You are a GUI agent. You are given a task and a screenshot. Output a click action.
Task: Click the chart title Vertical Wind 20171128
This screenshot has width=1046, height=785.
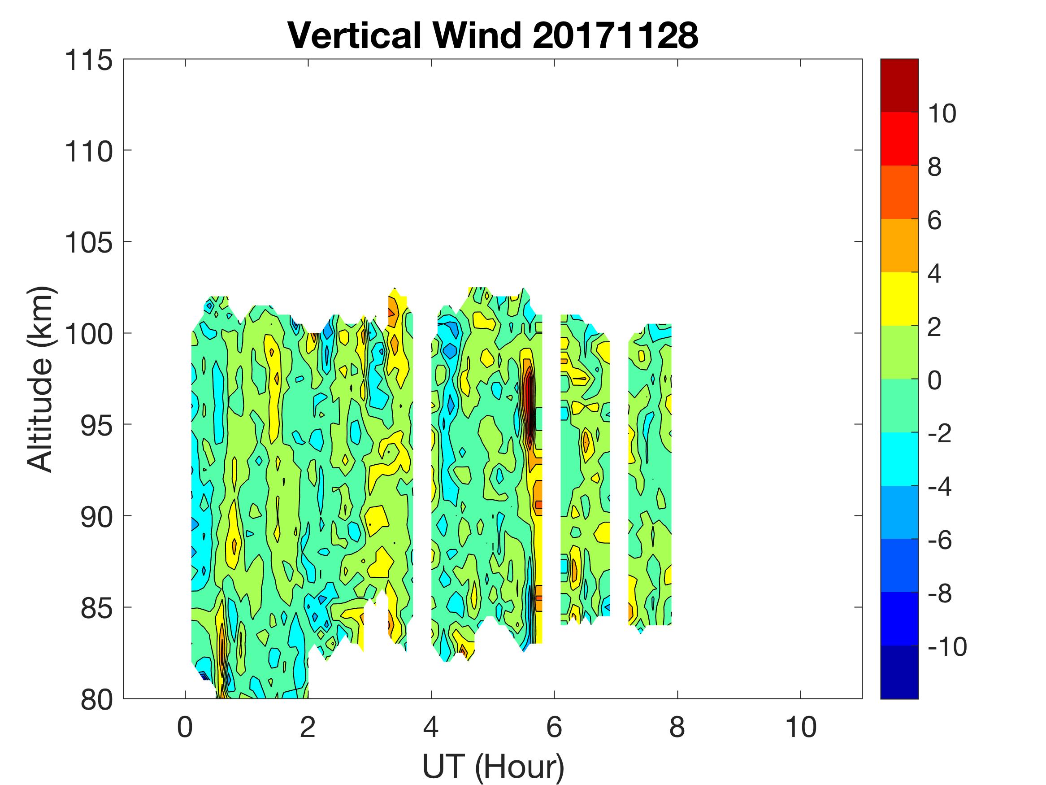coord(493,35)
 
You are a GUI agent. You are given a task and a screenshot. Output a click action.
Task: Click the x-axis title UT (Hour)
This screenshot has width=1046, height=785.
coord(493,766)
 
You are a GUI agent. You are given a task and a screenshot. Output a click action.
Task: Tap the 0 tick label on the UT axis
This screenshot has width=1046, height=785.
coord(185,727)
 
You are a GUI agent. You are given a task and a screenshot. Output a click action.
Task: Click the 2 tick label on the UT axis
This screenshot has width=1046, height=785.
coord(308,727)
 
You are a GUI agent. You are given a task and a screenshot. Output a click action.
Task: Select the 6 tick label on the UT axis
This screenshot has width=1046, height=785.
coord(554,727)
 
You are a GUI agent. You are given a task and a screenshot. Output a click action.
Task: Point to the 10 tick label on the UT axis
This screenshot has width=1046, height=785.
coord(801,727)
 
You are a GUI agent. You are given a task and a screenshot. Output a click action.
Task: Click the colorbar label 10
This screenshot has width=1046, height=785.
coord(942,113)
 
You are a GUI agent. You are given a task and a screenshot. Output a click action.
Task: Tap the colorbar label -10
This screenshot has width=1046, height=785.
coord(947,646)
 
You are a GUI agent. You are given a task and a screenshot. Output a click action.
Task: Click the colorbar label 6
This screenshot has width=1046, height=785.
coord(934,220)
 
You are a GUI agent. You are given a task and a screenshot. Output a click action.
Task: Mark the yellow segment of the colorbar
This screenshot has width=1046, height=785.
coord(899,299)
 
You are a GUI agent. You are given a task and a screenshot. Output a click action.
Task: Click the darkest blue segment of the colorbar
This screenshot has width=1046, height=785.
coord(899,672)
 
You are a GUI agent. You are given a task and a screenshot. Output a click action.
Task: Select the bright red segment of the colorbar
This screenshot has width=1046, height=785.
coord(899,138)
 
